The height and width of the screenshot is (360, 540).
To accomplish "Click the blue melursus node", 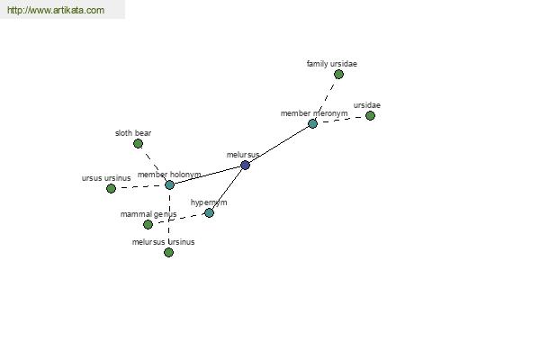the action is click(x=245, y=165).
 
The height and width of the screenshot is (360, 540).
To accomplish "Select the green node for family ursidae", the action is click(x=338, y=74).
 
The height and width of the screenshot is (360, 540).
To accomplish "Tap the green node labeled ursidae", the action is click(x=370, y=115).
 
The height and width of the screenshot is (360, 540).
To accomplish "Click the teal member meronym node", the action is click(x=312, y=123).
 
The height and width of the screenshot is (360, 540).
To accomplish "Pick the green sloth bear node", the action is click(x=138, y=143).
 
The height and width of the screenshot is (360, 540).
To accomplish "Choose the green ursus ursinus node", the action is click(x=111, y=188).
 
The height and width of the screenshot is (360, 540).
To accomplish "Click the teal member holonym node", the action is click(x=169, y=185).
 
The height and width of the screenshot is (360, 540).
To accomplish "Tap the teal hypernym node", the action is click(x=209, y=213).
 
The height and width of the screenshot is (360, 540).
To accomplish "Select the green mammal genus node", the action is click(x=148, y=225).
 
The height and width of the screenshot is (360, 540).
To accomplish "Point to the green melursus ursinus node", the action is click(x=168, y=253).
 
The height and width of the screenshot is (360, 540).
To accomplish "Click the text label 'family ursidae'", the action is click(x=331, y=64).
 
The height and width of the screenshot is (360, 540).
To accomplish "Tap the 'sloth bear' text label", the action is click(x=133, y=133).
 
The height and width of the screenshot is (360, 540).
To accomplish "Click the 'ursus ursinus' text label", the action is click(x=106, y=178).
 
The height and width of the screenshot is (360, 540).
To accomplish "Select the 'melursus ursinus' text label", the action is click(x=163, y=242).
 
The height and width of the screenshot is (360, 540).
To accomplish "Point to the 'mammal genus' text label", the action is click(x=148, y=214).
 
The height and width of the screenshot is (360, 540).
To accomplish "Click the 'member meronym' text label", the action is click(x=314, y=113).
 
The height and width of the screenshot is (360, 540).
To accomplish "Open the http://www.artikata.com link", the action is click(x=56, y=10).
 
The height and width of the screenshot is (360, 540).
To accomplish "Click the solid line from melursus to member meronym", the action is click(x=279, y=144).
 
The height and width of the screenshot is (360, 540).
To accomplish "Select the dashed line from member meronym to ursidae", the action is click(x=341, y=120).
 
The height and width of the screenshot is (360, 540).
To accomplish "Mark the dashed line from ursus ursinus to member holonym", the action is click(x=140, y=186).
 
